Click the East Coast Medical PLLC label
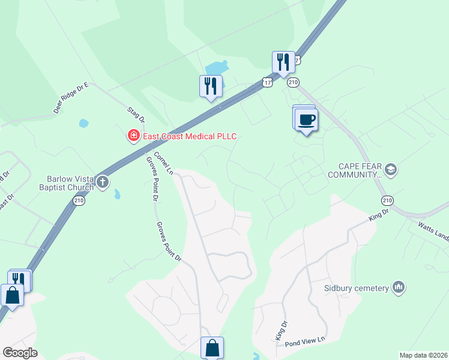189,136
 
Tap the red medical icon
133,136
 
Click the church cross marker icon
103,182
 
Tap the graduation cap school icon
391,170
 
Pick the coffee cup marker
306,119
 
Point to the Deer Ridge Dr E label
71,98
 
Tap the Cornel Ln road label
163,163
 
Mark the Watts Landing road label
433,232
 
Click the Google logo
20,353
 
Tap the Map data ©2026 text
423,355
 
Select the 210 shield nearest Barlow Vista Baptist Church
79,202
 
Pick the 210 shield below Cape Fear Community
387,200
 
